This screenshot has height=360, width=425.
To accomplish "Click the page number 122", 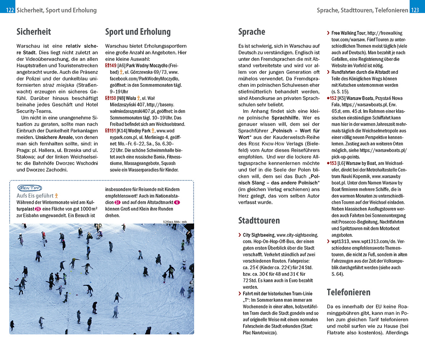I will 10,10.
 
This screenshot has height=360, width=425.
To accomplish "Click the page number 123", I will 415,10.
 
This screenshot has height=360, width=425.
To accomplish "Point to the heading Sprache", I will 252,32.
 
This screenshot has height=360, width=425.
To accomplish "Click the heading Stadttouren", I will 259,220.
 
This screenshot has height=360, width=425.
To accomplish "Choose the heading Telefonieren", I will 349,292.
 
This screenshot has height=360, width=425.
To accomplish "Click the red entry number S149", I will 111,66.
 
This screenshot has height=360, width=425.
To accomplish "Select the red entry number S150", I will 111,98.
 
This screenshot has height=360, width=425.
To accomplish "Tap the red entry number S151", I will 111,130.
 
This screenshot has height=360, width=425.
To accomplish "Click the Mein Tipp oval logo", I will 30,188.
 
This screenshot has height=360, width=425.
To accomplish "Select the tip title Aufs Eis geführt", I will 35,195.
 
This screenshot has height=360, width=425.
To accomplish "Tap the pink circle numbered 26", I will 38,209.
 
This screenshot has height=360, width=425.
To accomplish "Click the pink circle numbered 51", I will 118,202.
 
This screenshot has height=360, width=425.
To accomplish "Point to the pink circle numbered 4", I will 176,202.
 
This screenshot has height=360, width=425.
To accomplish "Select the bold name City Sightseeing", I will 259,235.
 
